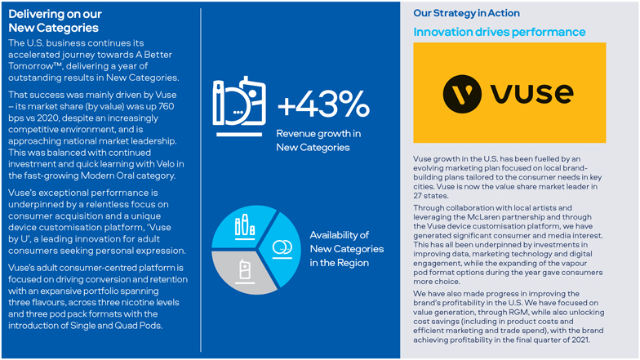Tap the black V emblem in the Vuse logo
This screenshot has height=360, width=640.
coord(463,93)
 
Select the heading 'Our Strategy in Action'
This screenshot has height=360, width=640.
coord(466,13)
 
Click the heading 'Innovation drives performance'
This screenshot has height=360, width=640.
coord(499,32)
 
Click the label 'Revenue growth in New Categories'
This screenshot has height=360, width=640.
coord(318,140)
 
